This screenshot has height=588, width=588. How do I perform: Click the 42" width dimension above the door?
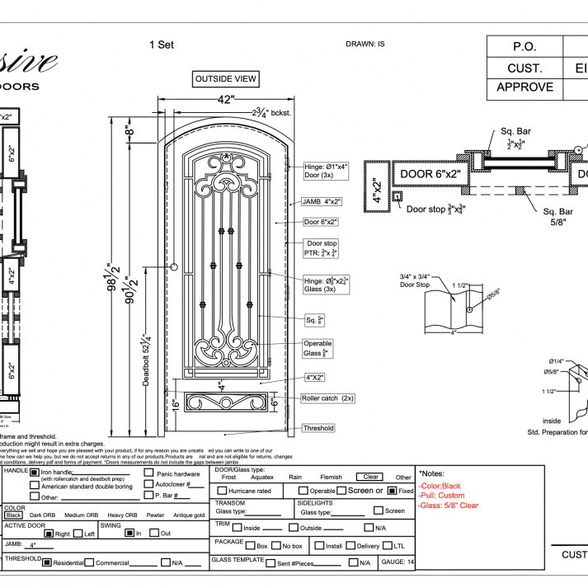tap(225, 100)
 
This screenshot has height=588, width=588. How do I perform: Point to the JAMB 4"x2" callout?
tap(322, 201)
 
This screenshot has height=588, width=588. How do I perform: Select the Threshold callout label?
tap(318, 428)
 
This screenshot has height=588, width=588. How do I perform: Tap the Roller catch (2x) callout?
tap(327, 397)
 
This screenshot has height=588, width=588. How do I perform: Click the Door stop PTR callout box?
tap(322, 248)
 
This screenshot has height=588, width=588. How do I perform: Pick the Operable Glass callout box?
tap(318, 348)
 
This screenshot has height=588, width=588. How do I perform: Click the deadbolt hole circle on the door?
tap(175, 267)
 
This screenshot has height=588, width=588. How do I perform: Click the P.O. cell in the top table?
tap(524, 47)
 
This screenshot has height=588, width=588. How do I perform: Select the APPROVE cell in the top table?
tap(524, 87)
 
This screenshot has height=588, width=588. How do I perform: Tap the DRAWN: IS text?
tap(365, 44)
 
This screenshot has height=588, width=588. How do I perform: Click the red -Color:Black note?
tap(440, 487)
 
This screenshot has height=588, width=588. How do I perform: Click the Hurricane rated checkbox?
tap(222, 491)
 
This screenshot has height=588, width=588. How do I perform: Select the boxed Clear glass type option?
tap(369, 477)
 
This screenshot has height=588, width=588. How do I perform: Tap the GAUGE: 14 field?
tap(397, 562)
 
